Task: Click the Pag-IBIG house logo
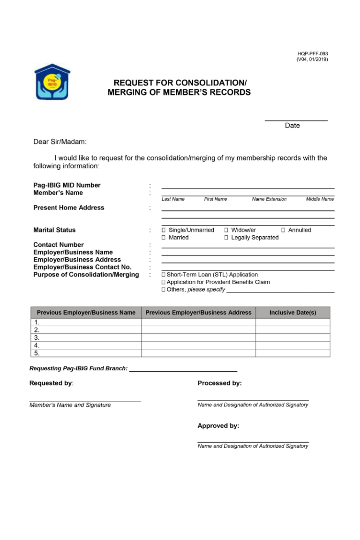52,82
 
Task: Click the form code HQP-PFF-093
312,54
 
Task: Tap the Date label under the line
292,126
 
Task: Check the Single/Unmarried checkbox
164,230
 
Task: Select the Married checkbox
164,238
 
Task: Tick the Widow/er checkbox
226,230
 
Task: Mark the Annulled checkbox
283,230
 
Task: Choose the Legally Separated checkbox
226,238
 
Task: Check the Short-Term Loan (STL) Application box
164,275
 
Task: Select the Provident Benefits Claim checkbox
164,282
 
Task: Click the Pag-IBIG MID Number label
67,185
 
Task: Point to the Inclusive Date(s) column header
292,313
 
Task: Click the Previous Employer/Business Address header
198,313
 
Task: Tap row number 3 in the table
37,337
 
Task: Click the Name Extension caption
269,199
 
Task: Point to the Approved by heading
218,426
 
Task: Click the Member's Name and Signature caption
70,405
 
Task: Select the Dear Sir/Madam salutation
60,142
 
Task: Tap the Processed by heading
219,383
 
